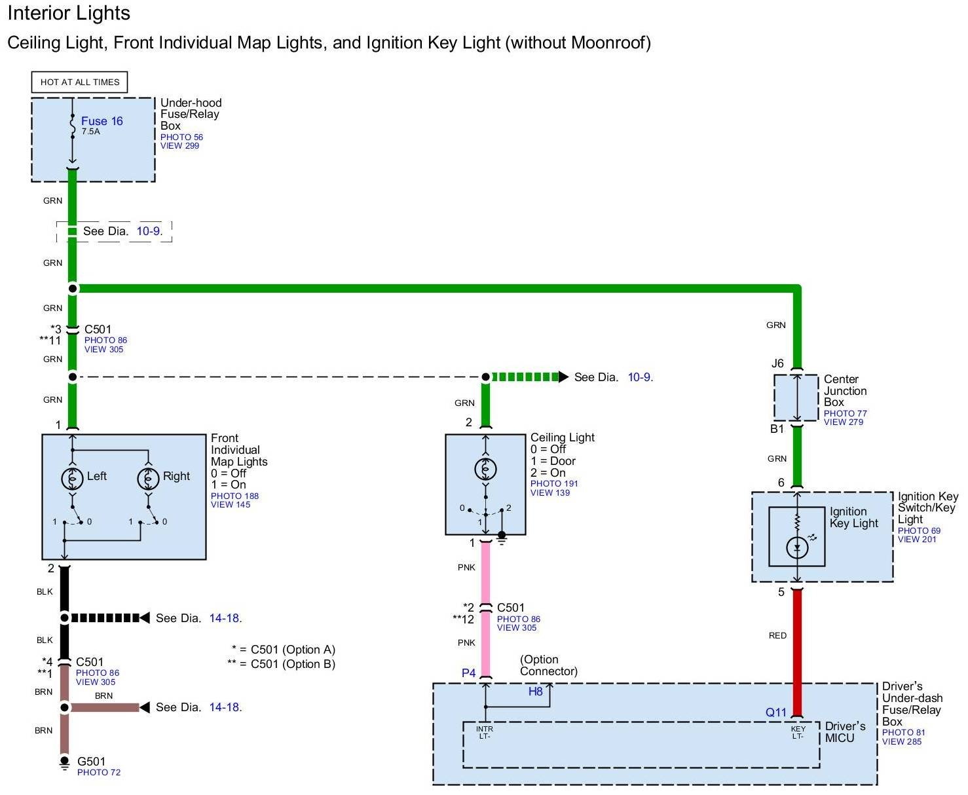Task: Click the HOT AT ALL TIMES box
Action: (x=79, y=82)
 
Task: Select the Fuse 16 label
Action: (x=102, y=121)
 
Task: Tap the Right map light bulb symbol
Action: (x=148, y=478)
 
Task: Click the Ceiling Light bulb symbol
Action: (x=485, y=469)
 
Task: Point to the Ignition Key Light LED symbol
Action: (x=797, y=547)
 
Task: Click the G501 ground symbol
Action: (x=64, y=763)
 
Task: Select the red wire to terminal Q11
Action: (x=797, y=648)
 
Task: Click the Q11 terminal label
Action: (x=776, y=712)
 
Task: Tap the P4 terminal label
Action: (x=469, y=673)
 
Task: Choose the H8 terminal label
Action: (x=536, y=692)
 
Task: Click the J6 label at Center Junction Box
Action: (x=777, y=364)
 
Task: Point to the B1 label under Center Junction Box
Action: (x=777, y=429)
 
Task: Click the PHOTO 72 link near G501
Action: (x=99, y=773)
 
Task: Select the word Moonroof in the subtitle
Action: (x=608, y=43)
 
